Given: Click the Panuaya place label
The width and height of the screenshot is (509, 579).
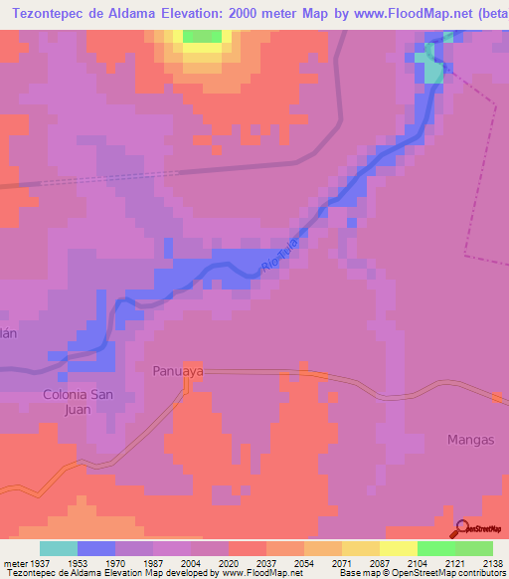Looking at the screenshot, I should [178, 371].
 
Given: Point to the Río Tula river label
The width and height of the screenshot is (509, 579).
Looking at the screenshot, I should [280, 252].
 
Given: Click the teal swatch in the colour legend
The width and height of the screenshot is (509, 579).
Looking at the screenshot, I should [59, 548].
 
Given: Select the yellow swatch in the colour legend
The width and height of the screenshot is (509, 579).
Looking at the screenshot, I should [399, 548].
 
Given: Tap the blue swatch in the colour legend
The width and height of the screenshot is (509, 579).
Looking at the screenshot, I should [96, 548].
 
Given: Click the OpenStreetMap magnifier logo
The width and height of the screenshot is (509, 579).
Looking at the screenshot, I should [462, 528].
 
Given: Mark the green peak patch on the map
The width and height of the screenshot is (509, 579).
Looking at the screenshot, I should [203, 36].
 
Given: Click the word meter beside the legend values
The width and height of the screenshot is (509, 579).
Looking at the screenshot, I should [13, 563].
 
